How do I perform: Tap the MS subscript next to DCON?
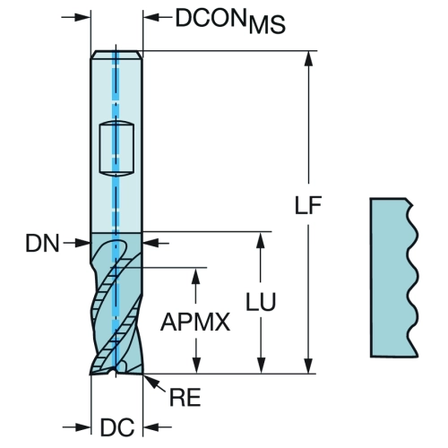[x=267, y=24]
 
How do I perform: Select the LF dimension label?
[x=308, y=205]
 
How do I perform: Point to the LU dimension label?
[x=261, y=302]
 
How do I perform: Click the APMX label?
[x=195, y=322]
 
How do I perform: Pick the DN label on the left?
[x=42, y=243]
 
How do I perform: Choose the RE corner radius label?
[x=185, y=398]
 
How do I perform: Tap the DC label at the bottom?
[x=117, y=427]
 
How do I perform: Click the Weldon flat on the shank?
[x=116, y=148]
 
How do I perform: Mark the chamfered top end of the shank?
[x=116, y=55]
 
